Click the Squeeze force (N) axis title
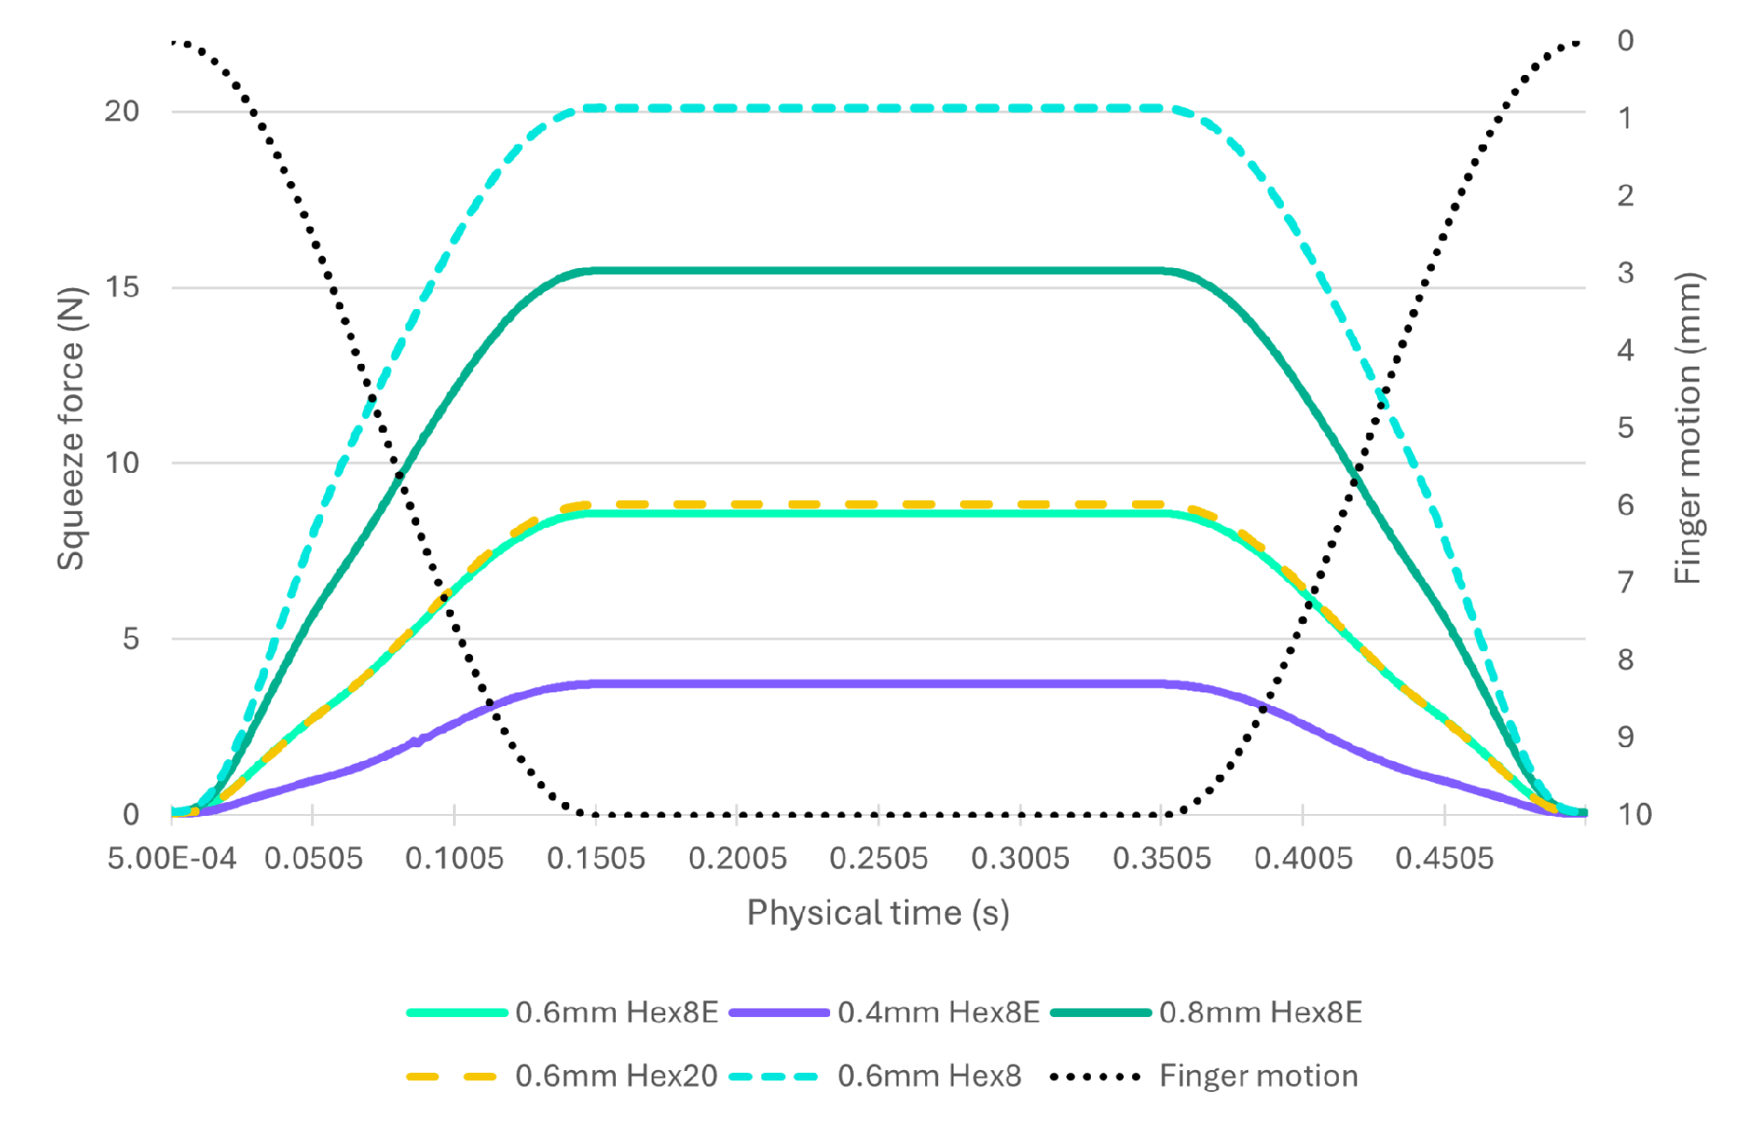[70, 429]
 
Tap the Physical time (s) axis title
[878, 913]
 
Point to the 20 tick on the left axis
[122, 112]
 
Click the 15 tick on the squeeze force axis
[122, 287]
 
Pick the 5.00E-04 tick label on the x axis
[172, 859]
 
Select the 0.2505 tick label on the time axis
[878, 859]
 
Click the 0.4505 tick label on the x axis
[1444, 859]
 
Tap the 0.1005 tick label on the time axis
[454, 859]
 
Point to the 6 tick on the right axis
[1625, 505]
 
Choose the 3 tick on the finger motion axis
[1625, 273]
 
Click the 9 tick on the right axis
[1625, 737]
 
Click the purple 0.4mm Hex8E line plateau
[878, 684]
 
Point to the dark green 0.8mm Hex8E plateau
[878, 271]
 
